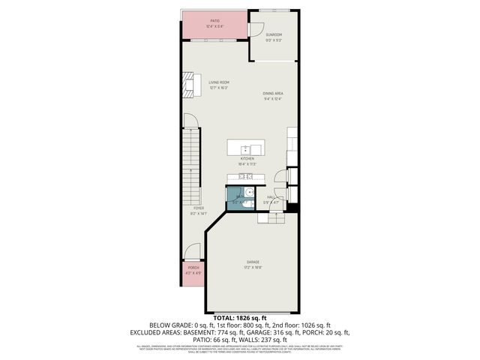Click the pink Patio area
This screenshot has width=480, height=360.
pyautogui.click(x=214, y=25)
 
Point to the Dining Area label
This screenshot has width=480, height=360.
pyautogui.click(x=272, y=93)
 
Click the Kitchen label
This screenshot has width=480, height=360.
pyautogui.click(x=247, y=159)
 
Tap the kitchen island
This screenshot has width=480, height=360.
pyautogui.click(x=247, y=147)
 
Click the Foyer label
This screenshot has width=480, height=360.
pyautogui.click(x=198, y=208)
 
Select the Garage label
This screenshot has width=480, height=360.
pyautogui.click(x=253, y=262)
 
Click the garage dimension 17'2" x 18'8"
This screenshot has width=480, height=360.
pyautogui.click(x=253, y=267)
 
